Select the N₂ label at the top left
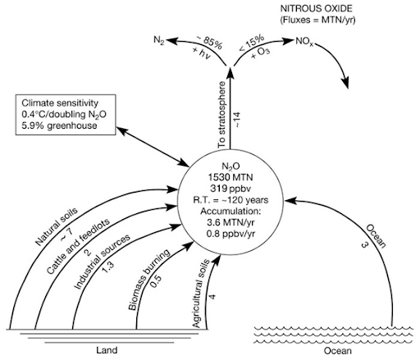(x=160, y=39)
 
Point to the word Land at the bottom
(x=107, y=350)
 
